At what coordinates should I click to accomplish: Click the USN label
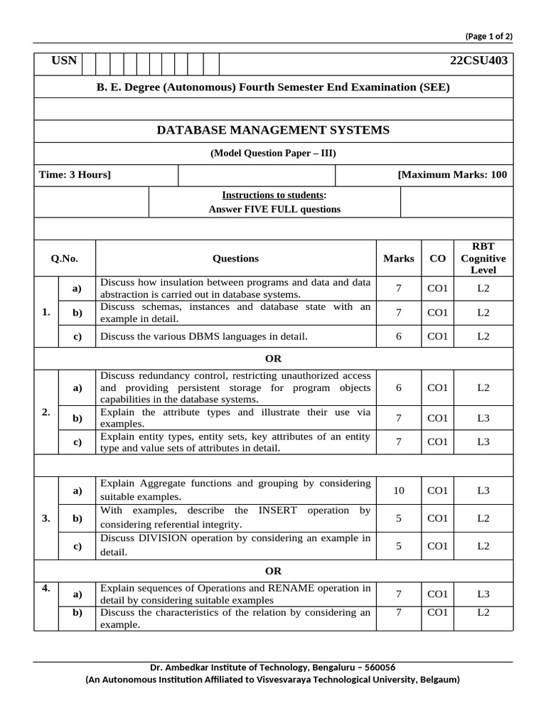[x=64, y=60]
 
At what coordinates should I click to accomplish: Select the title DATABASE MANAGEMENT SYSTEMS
[x=273, y=130]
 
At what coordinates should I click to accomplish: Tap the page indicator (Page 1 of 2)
[x=488, y=36]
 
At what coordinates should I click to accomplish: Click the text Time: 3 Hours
[x=75, y=175]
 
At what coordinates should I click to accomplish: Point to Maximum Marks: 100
[x=453, y=175]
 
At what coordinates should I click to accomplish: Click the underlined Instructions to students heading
[x=274, y=195]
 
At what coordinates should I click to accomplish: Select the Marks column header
[x=398, y=259]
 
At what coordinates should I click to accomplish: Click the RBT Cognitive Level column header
[x=483, y=259]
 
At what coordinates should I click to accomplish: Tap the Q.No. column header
[x=64, y=259]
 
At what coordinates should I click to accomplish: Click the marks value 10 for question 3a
[x=398, y=491]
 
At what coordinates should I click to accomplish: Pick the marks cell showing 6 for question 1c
[x=398, y=336]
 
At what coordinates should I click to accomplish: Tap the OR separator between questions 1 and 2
[x=273, y=359]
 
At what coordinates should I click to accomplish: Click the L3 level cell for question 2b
[x=483, y=418]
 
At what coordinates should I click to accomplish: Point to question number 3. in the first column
[x=45, y=518]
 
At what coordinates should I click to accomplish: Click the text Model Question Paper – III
[x=273, y=153]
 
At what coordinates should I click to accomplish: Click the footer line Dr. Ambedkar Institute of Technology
[x=273, y=668]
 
